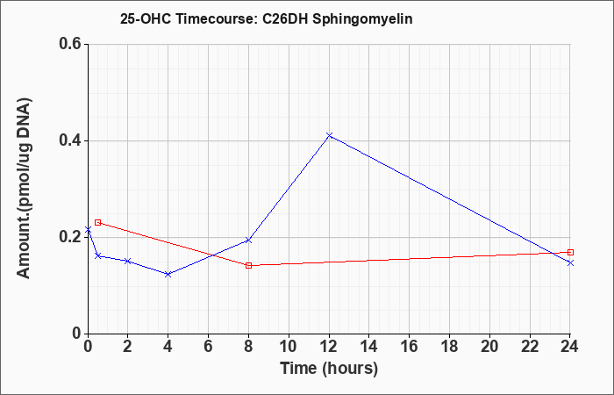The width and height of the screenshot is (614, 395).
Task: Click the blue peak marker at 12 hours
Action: point(329,135)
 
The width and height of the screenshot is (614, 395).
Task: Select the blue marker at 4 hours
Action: point(168,274)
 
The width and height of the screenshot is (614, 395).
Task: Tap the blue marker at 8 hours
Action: point(248,240)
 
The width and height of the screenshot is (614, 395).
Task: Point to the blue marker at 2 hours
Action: point(128,261)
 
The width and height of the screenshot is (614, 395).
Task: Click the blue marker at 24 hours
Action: point(570,263)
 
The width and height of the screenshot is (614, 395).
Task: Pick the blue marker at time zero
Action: point(88,230)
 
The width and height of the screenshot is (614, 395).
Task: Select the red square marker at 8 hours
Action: point(248,266)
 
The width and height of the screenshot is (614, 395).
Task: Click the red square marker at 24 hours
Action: point(570,253)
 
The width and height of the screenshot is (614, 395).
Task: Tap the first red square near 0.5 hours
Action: point(98,223)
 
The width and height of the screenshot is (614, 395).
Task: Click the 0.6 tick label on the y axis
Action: point(70,44)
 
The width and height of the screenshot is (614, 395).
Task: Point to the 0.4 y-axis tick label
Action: point(70,140)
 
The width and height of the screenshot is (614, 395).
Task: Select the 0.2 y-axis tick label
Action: point(70,237)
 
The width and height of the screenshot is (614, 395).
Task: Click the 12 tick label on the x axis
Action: point(329,347)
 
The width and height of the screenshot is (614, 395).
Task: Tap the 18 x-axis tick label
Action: point(450,347)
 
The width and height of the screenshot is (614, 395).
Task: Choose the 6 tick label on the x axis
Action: point(209,347)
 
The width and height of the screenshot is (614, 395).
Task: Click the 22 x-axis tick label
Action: point(530,347)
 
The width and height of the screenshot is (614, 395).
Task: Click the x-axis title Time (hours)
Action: point(329,369)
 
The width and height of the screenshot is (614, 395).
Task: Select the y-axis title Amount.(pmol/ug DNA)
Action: point(24,188)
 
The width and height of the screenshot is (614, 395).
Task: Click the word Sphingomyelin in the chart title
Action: point(361,19)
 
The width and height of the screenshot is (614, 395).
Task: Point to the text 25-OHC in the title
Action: point(146,18)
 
